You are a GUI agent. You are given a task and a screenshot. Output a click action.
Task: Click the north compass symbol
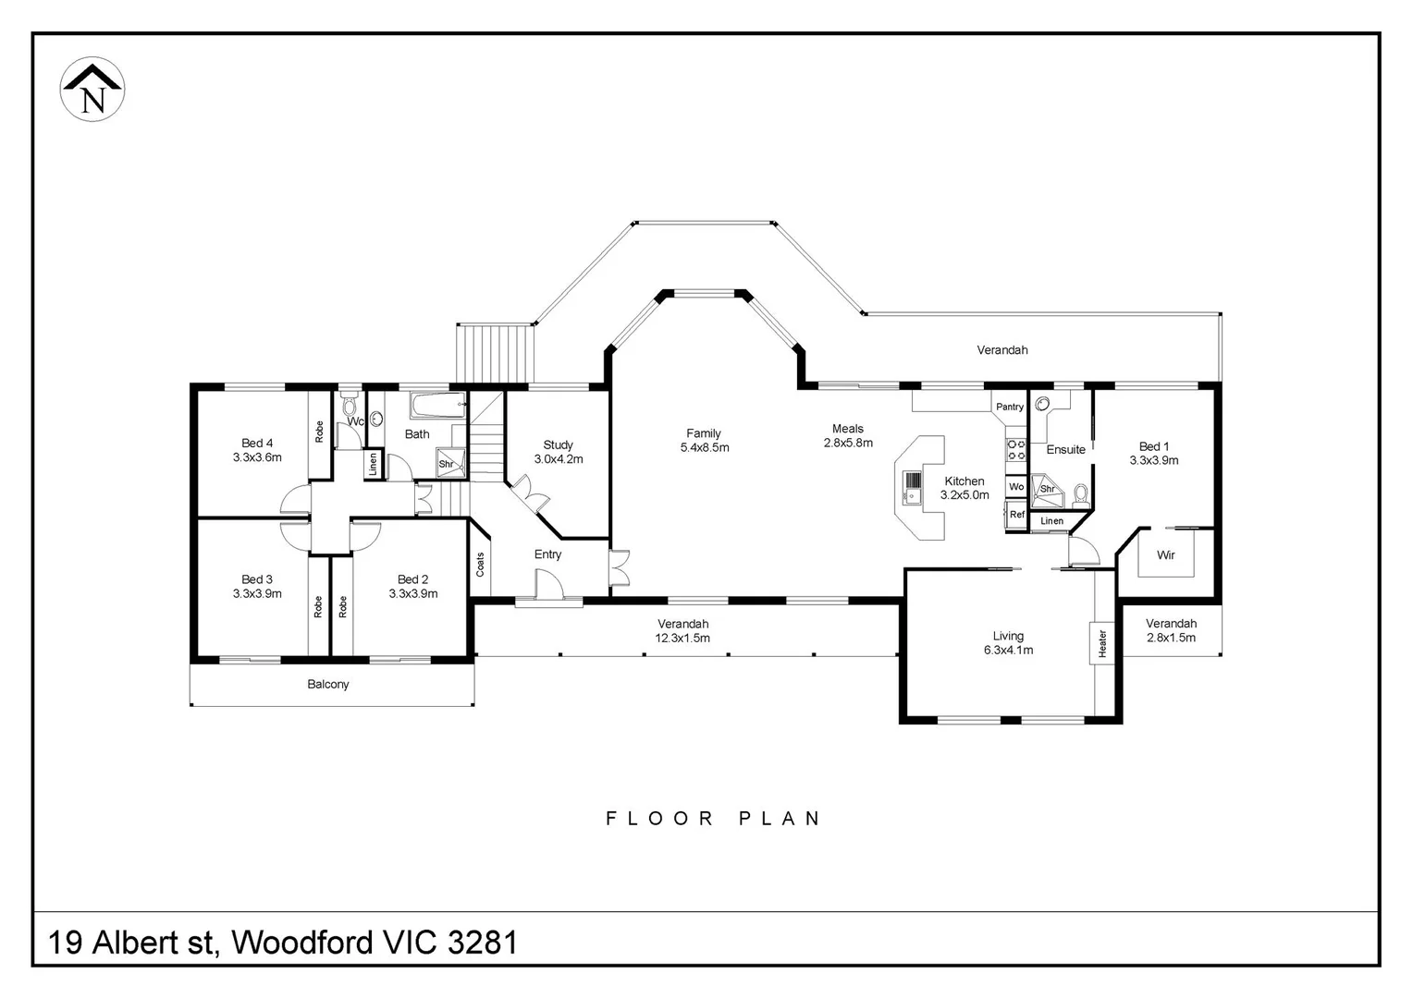point(92,89)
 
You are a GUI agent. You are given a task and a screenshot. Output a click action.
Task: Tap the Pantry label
point(1009,407)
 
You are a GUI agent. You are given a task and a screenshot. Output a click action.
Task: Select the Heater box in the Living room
point(1102,643)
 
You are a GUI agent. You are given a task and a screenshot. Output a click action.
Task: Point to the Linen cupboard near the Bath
point(373,463)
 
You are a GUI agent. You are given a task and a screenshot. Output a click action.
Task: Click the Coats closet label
point(480,565)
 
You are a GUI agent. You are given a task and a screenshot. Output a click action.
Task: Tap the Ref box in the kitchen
point(1017,515)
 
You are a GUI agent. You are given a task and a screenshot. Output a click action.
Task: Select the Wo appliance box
point(1016,487)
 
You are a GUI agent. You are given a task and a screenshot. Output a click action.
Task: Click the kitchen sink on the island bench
point(912,487)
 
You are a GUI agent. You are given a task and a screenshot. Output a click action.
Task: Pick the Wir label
point(1166,554)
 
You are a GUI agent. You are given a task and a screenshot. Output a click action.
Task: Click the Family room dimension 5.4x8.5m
point(705,447)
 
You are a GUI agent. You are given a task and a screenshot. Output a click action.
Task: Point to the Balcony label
point(328,684)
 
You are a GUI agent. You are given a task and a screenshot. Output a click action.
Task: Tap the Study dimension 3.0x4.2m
point(559,459)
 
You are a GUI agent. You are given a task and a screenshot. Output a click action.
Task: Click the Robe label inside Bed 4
point(319,432)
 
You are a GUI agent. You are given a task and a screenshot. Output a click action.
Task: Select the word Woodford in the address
point(302,943)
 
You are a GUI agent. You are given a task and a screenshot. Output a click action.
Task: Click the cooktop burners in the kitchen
point(1016,450)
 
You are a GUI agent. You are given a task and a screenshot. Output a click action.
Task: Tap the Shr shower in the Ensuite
point(1047,492)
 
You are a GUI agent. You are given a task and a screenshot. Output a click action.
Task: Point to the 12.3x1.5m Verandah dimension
point(682,638)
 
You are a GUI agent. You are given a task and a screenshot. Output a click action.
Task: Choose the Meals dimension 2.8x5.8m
point(848,443)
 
